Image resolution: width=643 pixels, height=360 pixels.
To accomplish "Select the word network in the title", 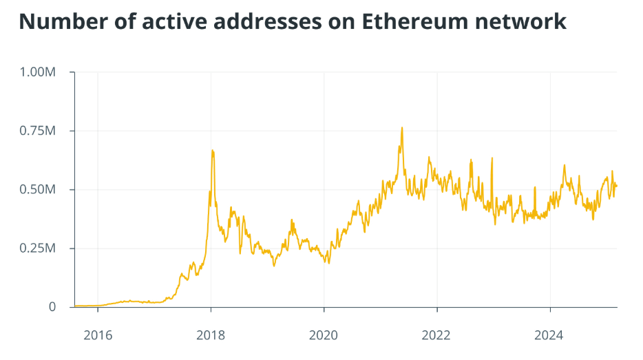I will click(521, 21).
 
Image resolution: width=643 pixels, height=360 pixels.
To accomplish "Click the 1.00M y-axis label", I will click(39, 72).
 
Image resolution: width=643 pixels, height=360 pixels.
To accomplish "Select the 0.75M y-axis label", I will click(39, 131).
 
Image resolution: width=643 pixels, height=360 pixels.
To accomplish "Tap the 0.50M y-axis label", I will click(39, 189).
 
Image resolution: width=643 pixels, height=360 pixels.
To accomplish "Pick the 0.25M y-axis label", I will click(39, 248).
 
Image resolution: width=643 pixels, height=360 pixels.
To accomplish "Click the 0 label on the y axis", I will click(52, 307).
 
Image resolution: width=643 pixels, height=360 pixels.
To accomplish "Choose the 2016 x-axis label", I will click(98, 335).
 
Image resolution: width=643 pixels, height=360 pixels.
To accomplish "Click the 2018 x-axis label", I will click(211, 335).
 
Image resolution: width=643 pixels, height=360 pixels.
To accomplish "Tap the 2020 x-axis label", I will click(324, 335).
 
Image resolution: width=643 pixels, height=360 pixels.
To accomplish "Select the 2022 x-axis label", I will click(437, 335).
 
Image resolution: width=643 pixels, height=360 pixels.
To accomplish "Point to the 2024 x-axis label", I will click(550, 335).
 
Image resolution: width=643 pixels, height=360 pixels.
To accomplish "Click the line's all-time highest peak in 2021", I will click(402, 127).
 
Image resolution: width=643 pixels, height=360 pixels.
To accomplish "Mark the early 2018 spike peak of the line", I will click(212, 150).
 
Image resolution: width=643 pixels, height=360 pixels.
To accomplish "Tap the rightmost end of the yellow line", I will click(617, 186).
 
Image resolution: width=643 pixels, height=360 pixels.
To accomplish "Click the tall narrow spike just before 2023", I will click(492, 158).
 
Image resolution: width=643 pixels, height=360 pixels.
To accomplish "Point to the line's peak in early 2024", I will click(565, 165).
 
